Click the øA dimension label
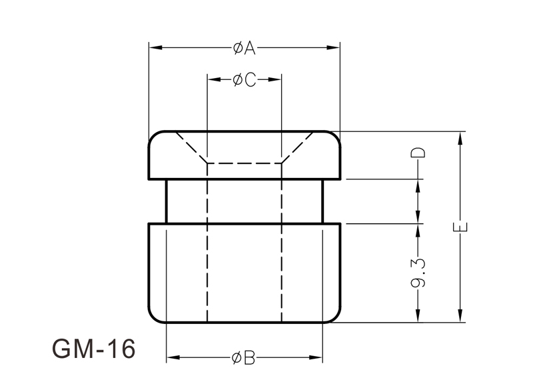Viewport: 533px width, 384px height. pos(244,48)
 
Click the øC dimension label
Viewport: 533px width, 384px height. pos(245,80)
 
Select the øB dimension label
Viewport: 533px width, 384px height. pos(243,358)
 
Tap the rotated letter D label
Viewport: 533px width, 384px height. pos(418,153)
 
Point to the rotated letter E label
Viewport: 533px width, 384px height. pos(460,227)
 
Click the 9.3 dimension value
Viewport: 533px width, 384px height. pos(418,273)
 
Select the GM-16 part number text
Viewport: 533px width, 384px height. pos(93,349)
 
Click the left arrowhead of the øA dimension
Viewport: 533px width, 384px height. pos(155,47)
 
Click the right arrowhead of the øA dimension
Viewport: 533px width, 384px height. pos(333,47)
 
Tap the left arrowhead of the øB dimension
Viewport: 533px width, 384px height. pos(173,357)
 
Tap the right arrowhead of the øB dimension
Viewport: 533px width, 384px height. pos(315,357)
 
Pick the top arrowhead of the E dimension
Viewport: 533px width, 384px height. pos(460,138)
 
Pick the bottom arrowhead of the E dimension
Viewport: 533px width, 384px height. pos(460,315)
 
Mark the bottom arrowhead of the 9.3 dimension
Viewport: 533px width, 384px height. pos(418,315)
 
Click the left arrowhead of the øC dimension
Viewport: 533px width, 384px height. pos(214,79)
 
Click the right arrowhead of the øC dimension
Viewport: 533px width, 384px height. pos(274,79)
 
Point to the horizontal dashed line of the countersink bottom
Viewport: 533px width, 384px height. pos(245,163)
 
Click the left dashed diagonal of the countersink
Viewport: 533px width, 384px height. pos(191,148)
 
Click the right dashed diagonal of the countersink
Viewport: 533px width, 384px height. pos(297,148)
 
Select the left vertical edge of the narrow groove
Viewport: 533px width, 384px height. pos(166,201)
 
